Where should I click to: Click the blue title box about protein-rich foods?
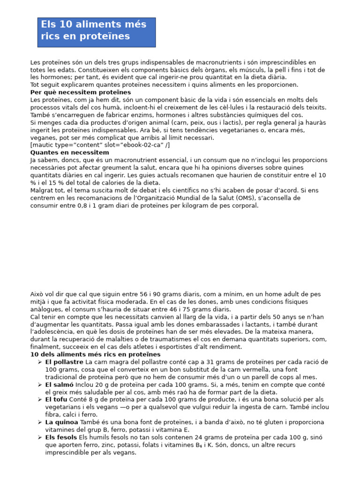96,32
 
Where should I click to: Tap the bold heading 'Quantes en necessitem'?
69,152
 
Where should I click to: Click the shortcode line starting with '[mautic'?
100,145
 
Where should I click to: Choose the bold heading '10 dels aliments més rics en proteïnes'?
95,354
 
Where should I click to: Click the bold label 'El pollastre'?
64,362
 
